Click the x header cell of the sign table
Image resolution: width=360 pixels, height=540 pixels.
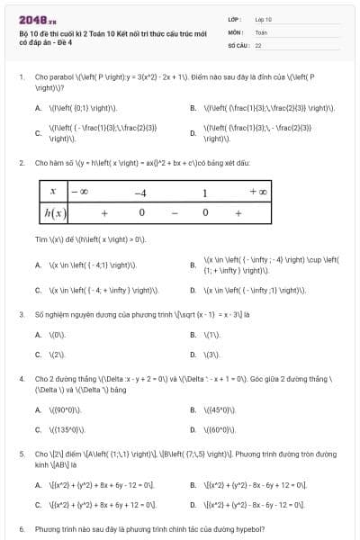[54, 193]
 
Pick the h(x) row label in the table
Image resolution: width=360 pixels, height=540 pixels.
[54, 213]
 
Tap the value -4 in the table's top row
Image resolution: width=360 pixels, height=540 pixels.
[139, 193]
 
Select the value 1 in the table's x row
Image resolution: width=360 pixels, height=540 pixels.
[204, 193]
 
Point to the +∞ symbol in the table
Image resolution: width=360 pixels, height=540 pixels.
[257, 193]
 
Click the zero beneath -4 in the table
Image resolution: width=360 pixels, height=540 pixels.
[140, 213]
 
